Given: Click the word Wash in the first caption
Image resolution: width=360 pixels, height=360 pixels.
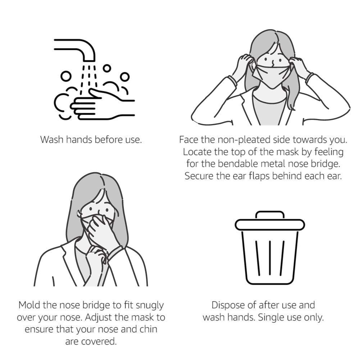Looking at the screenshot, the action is point(52,140).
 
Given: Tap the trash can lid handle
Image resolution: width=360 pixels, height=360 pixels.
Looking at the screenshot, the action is point(270,215).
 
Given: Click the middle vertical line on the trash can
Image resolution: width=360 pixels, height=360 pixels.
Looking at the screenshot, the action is point(270,258).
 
